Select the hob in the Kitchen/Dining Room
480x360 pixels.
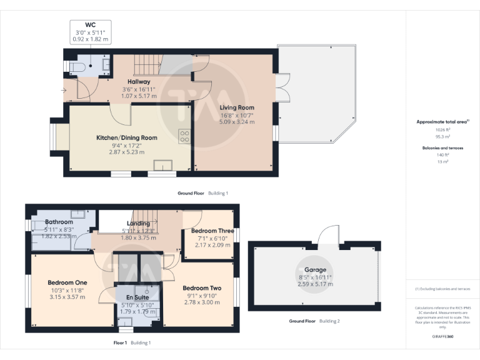tap(184, 136)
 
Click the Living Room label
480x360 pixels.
tap(237, 107)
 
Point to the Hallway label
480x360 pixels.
tap(139, 82)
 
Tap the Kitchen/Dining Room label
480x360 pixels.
tap(126, 137)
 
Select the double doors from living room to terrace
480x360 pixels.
tap(282, 89)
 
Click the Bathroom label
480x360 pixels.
tap(57, 222)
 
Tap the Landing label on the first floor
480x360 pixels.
tap(138, 223)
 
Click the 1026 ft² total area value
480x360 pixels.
tap(442, 129)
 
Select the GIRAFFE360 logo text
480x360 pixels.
tap(442, 336)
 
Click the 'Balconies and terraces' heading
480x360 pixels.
tap(442, 148)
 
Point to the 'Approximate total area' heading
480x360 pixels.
tap(441, 122)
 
